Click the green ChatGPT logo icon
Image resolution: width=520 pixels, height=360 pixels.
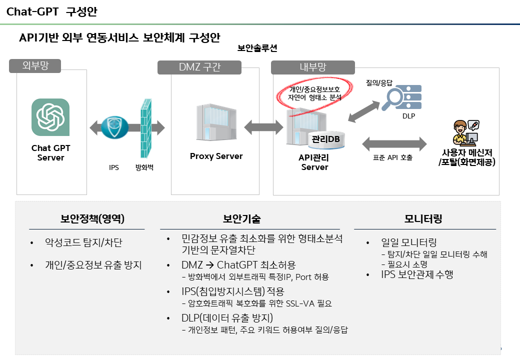point(50,117)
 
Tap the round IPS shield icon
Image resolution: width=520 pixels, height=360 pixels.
point(114,128)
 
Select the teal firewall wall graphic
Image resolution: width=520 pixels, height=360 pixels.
point(146,128)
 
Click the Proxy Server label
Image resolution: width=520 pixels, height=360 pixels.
point(216,156)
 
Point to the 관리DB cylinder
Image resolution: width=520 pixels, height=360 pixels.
point(326,139)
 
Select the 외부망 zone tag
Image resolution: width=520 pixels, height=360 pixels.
point(35,65)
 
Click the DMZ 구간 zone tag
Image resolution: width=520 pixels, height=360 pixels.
point(199,67)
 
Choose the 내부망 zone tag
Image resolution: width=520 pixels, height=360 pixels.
point(312,67)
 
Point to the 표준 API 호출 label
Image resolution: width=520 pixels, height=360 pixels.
point(392,157)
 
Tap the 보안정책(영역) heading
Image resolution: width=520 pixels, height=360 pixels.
point(92,219)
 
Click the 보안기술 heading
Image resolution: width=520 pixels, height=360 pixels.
point(241,219)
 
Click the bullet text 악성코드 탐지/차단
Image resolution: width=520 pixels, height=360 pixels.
point(83,243)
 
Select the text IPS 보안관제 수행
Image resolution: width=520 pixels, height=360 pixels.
point(417,274)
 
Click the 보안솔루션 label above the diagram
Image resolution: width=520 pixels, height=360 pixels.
point(257,48)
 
